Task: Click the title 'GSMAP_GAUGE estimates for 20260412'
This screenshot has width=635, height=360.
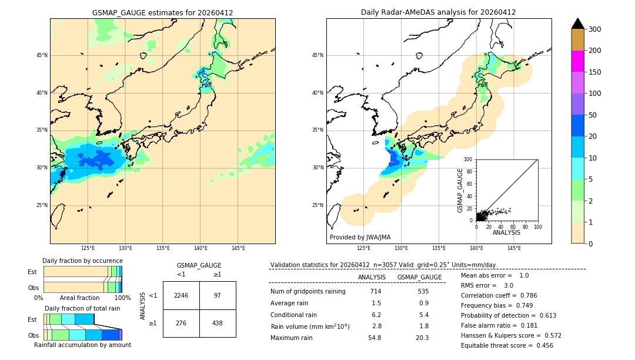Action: tap(162, 12)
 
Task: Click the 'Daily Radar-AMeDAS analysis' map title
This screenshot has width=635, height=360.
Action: tap(438, 12)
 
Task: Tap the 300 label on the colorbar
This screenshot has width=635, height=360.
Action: tap(596, 29)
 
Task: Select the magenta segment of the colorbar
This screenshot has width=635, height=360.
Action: tap(577, 61)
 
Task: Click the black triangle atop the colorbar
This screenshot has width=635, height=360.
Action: tap(577, 24)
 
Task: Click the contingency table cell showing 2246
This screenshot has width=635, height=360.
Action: tap(181, 295)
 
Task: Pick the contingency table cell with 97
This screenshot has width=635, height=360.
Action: tap(218, 295)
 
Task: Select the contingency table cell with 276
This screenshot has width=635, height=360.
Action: tap(181, 323)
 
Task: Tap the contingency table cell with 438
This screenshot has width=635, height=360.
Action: tap(218, 323)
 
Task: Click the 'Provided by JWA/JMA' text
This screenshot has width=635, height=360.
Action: tap(360, 238)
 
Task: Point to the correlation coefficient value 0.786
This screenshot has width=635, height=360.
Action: tap(524, 295)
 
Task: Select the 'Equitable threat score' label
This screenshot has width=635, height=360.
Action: tap(497, 345)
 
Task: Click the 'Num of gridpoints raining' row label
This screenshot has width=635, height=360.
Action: tap(308, 291)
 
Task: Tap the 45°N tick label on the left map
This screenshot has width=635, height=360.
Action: tap(42, 55)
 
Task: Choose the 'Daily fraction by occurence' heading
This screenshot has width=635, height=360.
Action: tap(82, 261)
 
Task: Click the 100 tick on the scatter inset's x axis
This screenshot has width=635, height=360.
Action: tap(537, 226)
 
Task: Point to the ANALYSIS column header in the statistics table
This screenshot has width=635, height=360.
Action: tap(372, 277)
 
